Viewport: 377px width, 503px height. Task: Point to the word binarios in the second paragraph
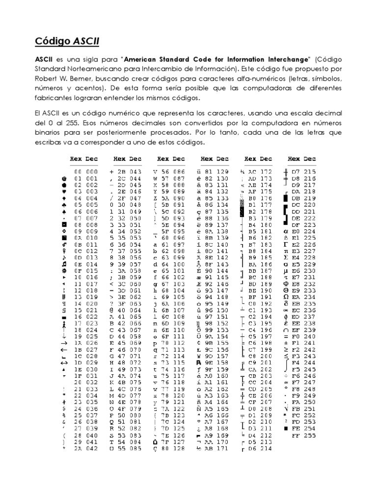(x=49, y=133)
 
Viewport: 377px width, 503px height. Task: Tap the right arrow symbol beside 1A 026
(x=64, y=343)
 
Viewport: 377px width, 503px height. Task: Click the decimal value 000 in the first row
(x=92, y=171)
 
